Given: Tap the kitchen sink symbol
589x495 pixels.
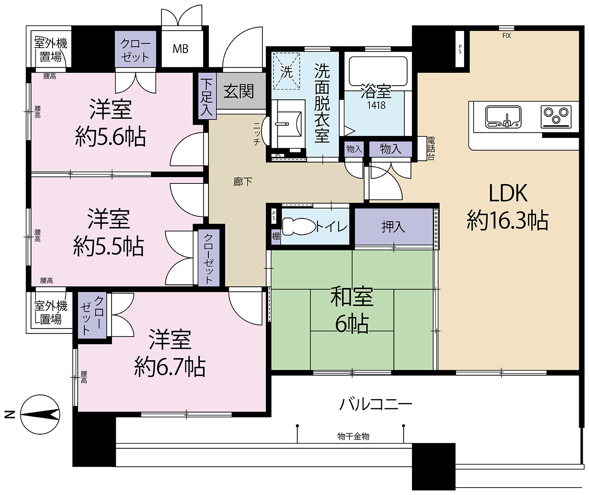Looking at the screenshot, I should click(x=503, y=117).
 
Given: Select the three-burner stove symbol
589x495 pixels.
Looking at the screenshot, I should click(x=556, y=116).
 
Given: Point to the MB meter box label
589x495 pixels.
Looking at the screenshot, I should click(x=180, y=49).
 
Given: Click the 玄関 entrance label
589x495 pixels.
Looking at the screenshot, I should click(x=239, y=92).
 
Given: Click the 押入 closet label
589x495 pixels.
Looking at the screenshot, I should click(x=393, y=227).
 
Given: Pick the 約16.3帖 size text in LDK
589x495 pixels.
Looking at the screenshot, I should click(x=507, y=220).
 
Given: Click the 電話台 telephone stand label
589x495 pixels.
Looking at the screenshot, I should click(x=431, y=148).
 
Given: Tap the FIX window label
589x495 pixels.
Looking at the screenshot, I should click(x=507, y=36).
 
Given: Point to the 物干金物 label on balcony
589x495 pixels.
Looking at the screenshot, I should click(x=353, y=436).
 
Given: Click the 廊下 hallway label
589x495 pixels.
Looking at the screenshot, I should click(x=243, y=181).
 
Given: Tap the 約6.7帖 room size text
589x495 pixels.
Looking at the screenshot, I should click(x=170, y=367).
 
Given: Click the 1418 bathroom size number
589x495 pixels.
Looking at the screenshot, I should click(x=376, y=105).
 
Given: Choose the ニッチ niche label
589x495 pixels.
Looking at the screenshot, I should click(x=256, y=134).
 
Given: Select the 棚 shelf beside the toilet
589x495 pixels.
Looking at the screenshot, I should click(x=276, y=236).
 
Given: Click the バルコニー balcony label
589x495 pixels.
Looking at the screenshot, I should click(x=375, y=404).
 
